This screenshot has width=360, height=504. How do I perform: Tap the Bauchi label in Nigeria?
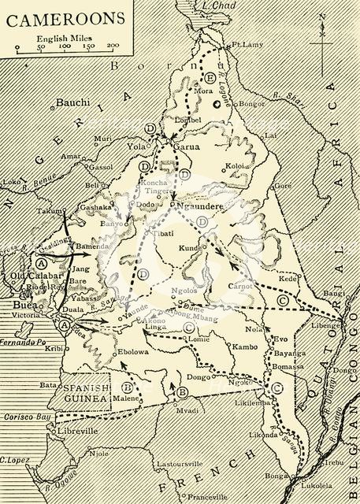coord(74,102)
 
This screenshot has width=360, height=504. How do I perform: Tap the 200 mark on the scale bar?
coord(113,46)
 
